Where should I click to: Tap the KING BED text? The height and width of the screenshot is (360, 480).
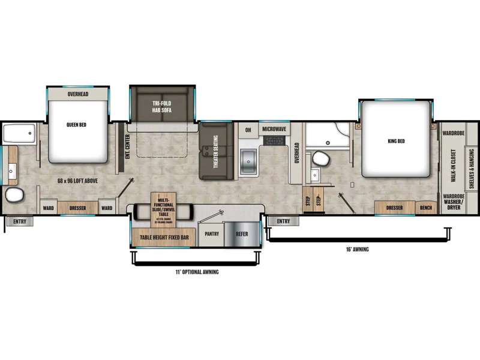397,142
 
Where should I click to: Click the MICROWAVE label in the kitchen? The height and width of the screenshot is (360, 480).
274,129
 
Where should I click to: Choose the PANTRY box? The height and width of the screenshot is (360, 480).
211,235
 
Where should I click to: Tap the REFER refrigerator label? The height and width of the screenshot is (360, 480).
242,235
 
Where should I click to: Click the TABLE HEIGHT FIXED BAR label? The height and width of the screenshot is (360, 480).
164,238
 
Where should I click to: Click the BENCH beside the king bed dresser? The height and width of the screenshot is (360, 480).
426,208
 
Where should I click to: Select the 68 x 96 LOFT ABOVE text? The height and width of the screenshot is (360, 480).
70,181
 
